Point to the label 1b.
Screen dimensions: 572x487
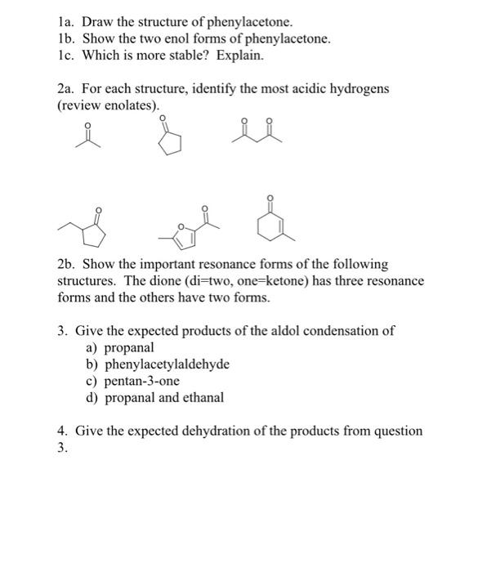(x=66, y=38)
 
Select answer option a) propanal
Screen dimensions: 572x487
(x=120, y=347)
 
